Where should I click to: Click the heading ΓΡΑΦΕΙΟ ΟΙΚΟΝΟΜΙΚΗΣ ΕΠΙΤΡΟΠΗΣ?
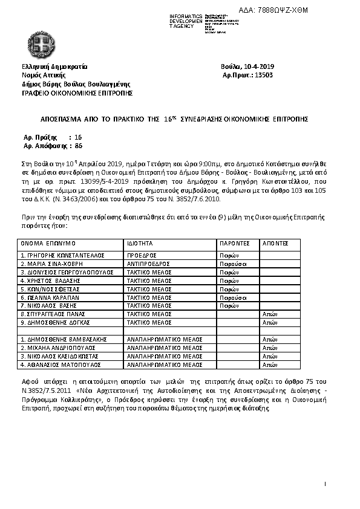77,93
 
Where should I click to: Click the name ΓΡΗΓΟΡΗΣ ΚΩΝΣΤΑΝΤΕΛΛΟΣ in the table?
59,256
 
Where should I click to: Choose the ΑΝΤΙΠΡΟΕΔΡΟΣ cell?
149,264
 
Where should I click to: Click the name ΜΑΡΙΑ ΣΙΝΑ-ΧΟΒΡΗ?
51,264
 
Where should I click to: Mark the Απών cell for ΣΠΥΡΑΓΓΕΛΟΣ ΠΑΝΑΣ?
269,314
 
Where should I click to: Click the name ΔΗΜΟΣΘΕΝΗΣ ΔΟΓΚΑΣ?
55,323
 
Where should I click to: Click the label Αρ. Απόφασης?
44,146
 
